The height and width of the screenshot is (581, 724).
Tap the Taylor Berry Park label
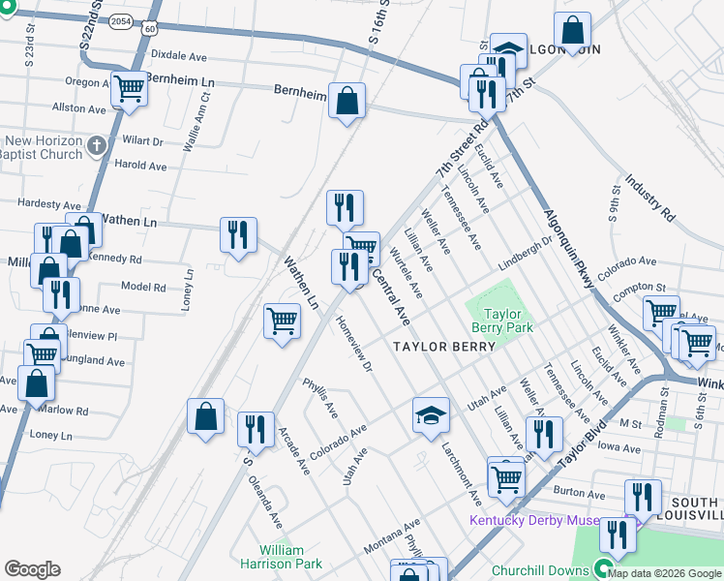(x=502, y=321)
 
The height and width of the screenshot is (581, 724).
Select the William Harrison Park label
(x=289, y=557)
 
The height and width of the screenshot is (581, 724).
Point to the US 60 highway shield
(x=147, y=29)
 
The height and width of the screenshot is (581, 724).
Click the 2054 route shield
(x=121, y=19)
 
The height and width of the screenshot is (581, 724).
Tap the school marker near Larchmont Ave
(x=431, y=414)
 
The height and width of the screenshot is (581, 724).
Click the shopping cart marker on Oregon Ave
(x=129, y=89)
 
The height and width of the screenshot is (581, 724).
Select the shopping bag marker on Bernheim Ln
(x=347, y=101)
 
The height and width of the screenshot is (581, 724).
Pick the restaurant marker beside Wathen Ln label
(x=237, y=234)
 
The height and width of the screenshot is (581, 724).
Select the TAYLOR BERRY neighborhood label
(x=443, y=346)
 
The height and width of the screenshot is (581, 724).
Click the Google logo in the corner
(x=32, y=569)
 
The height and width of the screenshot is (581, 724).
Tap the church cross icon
(x=95, y=146)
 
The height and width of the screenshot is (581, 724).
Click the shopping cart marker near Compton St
(x=661, y=312)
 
